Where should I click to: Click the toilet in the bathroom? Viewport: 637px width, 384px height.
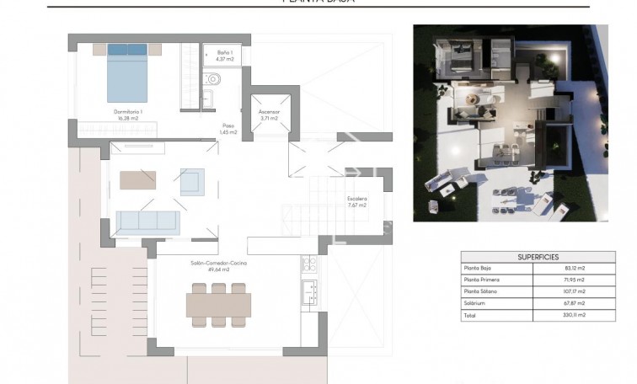213,81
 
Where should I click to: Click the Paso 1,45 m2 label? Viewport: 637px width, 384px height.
228,129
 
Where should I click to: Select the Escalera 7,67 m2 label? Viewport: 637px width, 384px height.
357,201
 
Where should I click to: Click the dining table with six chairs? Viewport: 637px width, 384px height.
217,302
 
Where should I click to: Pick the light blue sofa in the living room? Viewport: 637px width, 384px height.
147,221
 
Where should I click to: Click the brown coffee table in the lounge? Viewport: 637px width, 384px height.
137,180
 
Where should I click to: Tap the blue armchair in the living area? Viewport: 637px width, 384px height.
191,181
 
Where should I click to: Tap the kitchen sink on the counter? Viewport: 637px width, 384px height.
308,292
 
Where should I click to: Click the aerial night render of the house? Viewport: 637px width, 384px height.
510,123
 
